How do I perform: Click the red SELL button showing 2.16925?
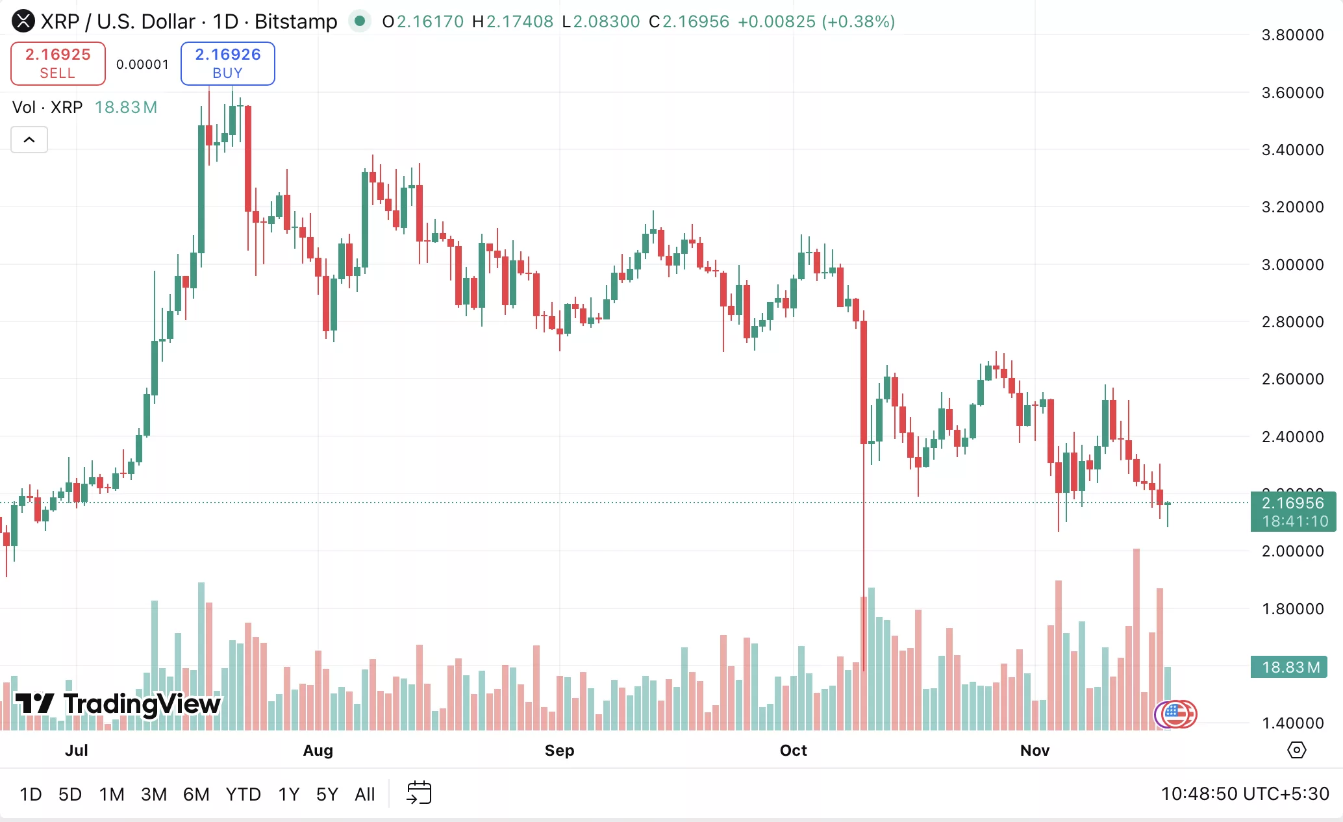tap(58, 63)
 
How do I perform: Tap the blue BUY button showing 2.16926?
tap(227, 63)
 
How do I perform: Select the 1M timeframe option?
tap(112, 794)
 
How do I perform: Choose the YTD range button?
tap(243, 794)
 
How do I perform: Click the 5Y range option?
tap(327, 794)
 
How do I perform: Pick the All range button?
tap(365, 794)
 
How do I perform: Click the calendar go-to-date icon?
tap(419, 793)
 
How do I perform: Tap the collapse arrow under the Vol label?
tap(29, 140)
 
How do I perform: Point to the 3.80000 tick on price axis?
tap(1292, 35)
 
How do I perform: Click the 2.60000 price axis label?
tap(1292, 379)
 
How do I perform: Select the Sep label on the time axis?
tap(559, 751)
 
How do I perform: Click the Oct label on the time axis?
tap(793, 751)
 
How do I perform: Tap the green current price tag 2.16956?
tap(1292, 511)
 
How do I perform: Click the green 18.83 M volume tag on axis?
tap(1290, 667)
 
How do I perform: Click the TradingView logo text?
tap(142, 704)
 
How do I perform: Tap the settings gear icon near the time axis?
tap(1296, 750)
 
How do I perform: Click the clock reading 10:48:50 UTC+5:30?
tap(1244, 793)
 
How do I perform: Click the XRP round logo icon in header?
tap(23, 21)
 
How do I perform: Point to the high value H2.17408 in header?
tap(513, 21)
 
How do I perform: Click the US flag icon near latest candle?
tap(1175, 714)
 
